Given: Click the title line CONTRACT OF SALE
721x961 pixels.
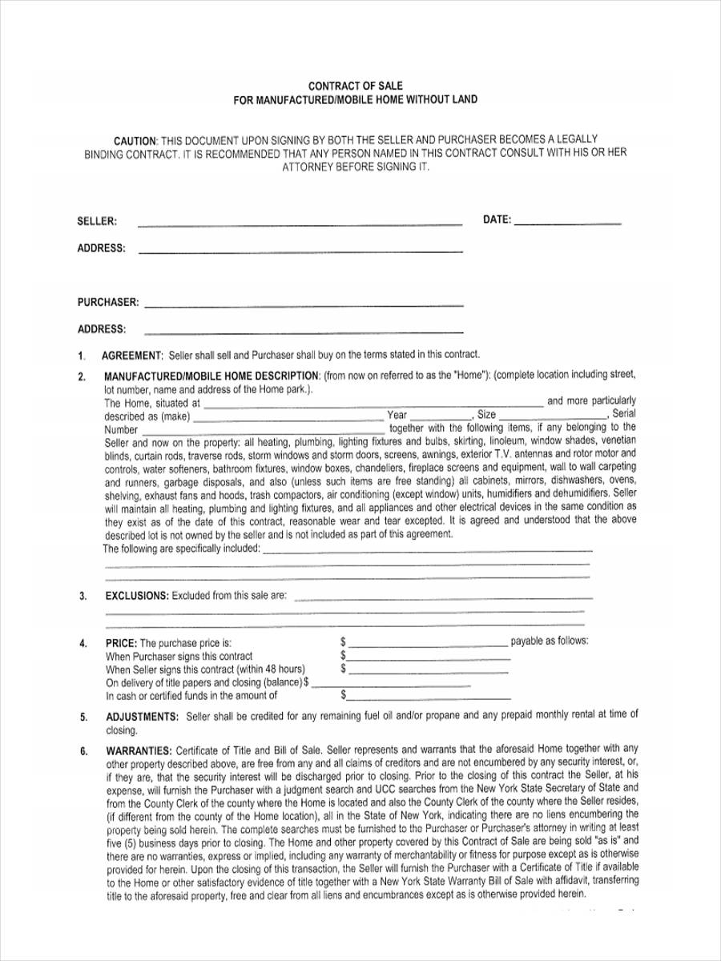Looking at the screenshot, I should [x=356, y=85].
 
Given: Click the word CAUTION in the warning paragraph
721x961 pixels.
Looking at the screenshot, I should [x=134, y=139].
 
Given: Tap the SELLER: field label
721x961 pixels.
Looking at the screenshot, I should [x=97, y=221].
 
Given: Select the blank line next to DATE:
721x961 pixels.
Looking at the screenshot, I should [x=567, y=223].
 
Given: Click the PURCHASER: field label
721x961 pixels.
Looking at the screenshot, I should [x=108, y=302].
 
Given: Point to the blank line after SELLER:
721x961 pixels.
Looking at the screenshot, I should [x=300, y=224].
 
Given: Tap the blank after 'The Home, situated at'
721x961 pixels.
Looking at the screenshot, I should [x=373, y=405].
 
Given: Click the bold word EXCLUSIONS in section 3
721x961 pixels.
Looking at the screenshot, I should [x=137, y=596].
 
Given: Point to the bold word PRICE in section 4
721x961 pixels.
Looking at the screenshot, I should [x=121, y=642].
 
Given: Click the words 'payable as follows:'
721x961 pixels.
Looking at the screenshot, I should [x=549, y=641].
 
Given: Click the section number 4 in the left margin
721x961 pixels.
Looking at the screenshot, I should [x=83, y=643].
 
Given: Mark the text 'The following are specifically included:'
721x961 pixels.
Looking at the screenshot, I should [x=182, y=549].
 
